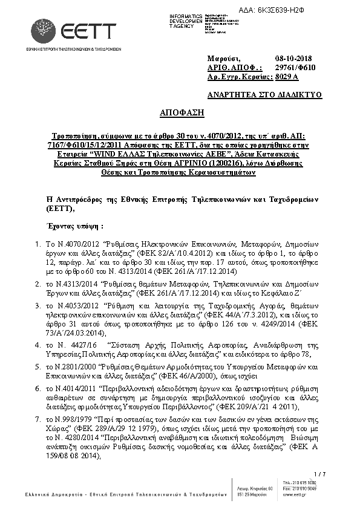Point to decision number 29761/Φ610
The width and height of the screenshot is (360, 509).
click(x=298, y=67)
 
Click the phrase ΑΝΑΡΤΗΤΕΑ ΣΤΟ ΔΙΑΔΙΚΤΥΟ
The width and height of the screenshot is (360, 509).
click(x=264, y=95)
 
